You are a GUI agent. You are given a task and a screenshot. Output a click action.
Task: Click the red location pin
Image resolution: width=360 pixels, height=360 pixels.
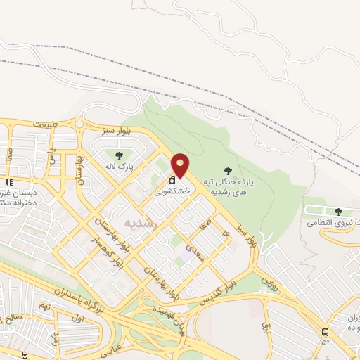point(181,166)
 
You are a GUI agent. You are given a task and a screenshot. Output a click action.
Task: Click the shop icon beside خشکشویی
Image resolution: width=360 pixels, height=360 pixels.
point(172,180)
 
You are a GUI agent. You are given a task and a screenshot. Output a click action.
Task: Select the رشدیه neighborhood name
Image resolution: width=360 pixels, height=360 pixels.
point(138,221)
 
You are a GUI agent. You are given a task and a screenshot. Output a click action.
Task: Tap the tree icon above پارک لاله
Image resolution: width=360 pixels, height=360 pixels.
point(118,155)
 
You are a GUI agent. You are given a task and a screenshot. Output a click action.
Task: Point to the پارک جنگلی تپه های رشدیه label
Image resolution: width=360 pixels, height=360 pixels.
point(229,186)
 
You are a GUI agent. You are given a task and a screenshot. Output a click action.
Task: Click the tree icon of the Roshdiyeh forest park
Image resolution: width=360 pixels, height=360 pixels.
point(227,170)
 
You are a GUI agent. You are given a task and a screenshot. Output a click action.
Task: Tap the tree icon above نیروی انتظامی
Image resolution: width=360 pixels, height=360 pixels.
point(339,211)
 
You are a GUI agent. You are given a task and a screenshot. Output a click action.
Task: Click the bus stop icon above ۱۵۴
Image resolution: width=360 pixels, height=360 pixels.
point(325,332)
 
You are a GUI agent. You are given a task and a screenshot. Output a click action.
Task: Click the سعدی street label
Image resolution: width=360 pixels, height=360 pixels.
point(199,253)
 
